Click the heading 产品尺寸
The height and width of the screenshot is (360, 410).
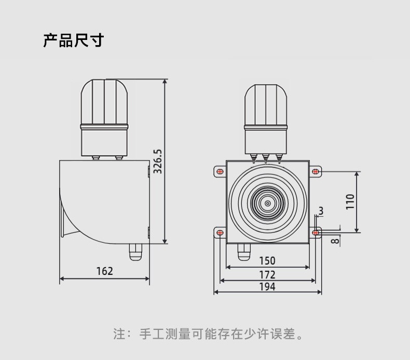(x=73, y=41)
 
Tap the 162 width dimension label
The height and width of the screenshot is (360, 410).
(x=104, y=271)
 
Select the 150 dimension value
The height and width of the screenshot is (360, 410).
(x=267, y=260)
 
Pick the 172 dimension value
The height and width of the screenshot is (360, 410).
(x=267, y=274)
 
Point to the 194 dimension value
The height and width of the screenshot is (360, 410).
(x=267, y=286)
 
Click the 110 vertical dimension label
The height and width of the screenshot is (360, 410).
(x=350, y=201)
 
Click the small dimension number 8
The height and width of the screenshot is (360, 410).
(x=335, y=240)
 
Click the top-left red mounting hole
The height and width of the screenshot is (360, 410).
(x=220, y=171)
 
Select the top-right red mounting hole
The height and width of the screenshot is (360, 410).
(x=315, y=171)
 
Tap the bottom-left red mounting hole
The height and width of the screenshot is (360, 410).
(x=220, y=233)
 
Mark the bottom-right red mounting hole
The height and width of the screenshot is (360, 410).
(x=315, y=233)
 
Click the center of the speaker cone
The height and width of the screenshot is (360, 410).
(x=268, y=204)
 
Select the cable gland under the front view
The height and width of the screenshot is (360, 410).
(x=243, y=252)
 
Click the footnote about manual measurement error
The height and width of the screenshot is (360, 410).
(x=208, y=333)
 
